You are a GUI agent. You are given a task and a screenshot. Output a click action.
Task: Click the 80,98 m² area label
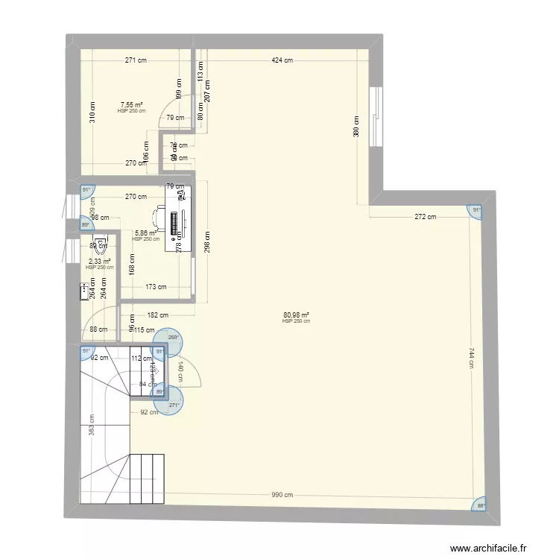tap(297, 315)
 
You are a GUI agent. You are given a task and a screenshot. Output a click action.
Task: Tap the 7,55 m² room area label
tap(132, 105)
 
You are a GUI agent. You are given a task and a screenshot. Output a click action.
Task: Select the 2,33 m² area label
tap(100, 262)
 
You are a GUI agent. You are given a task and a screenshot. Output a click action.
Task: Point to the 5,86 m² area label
tap(145, 233)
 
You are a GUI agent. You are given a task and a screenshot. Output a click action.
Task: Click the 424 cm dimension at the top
tap(282, 61)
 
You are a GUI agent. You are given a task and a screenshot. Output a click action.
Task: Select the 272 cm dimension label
tap(426, 217)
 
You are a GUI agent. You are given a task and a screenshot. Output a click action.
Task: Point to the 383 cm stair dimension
tap(92, 426)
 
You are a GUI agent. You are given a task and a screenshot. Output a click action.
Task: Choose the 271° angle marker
tap(174, 405)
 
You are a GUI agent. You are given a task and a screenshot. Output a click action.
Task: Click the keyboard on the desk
tap(176, 221)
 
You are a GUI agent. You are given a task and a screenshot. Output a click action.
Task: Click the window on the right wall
tap(376, 117)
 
